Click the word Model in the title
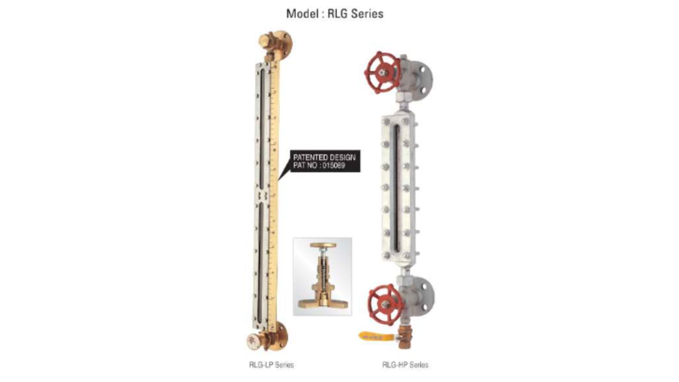click(301, 14)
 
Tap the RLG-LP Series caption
click(271, 365)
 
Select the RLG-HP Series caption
click(405, 365)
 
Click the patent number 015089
click(333, 166)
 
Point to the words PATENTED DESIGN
click(324, 157)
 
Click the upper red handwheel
click(382, 73)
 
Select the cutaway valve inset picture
click(322, 276)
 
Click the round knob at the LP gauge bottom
click(254, 342)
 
